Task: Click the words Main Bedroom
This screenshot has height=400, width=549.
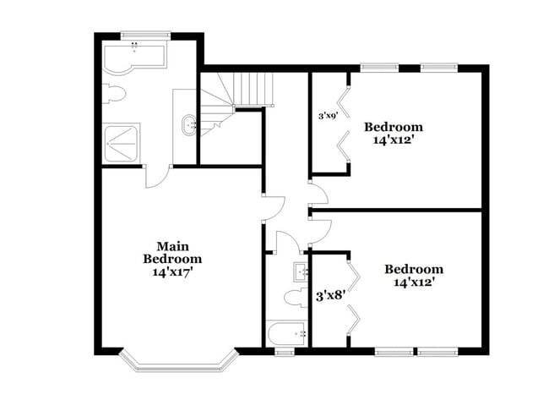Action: tap(171, 252)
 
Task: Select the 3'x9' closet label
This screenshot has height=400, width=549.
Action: tap(328, 116)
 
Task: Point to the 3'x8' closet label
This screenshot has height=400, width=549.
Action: tap(328, 296)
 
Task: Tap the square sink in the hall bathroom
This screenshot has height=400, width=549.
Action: tap(300, 271)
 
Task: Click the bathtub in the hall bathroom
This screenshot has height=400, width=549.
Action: tap(287, 333)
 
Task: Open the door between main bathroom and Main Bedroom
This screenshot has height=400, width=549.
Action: tap(157, 176)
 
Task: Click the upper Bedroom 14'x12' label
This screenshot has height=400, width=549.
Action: tap(393, 134)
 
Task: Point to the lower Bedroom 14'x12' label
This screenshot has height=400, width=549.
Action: tap(414, 277)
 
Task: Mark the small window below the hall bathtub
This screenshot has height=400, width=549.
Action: tap(285, 351)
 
